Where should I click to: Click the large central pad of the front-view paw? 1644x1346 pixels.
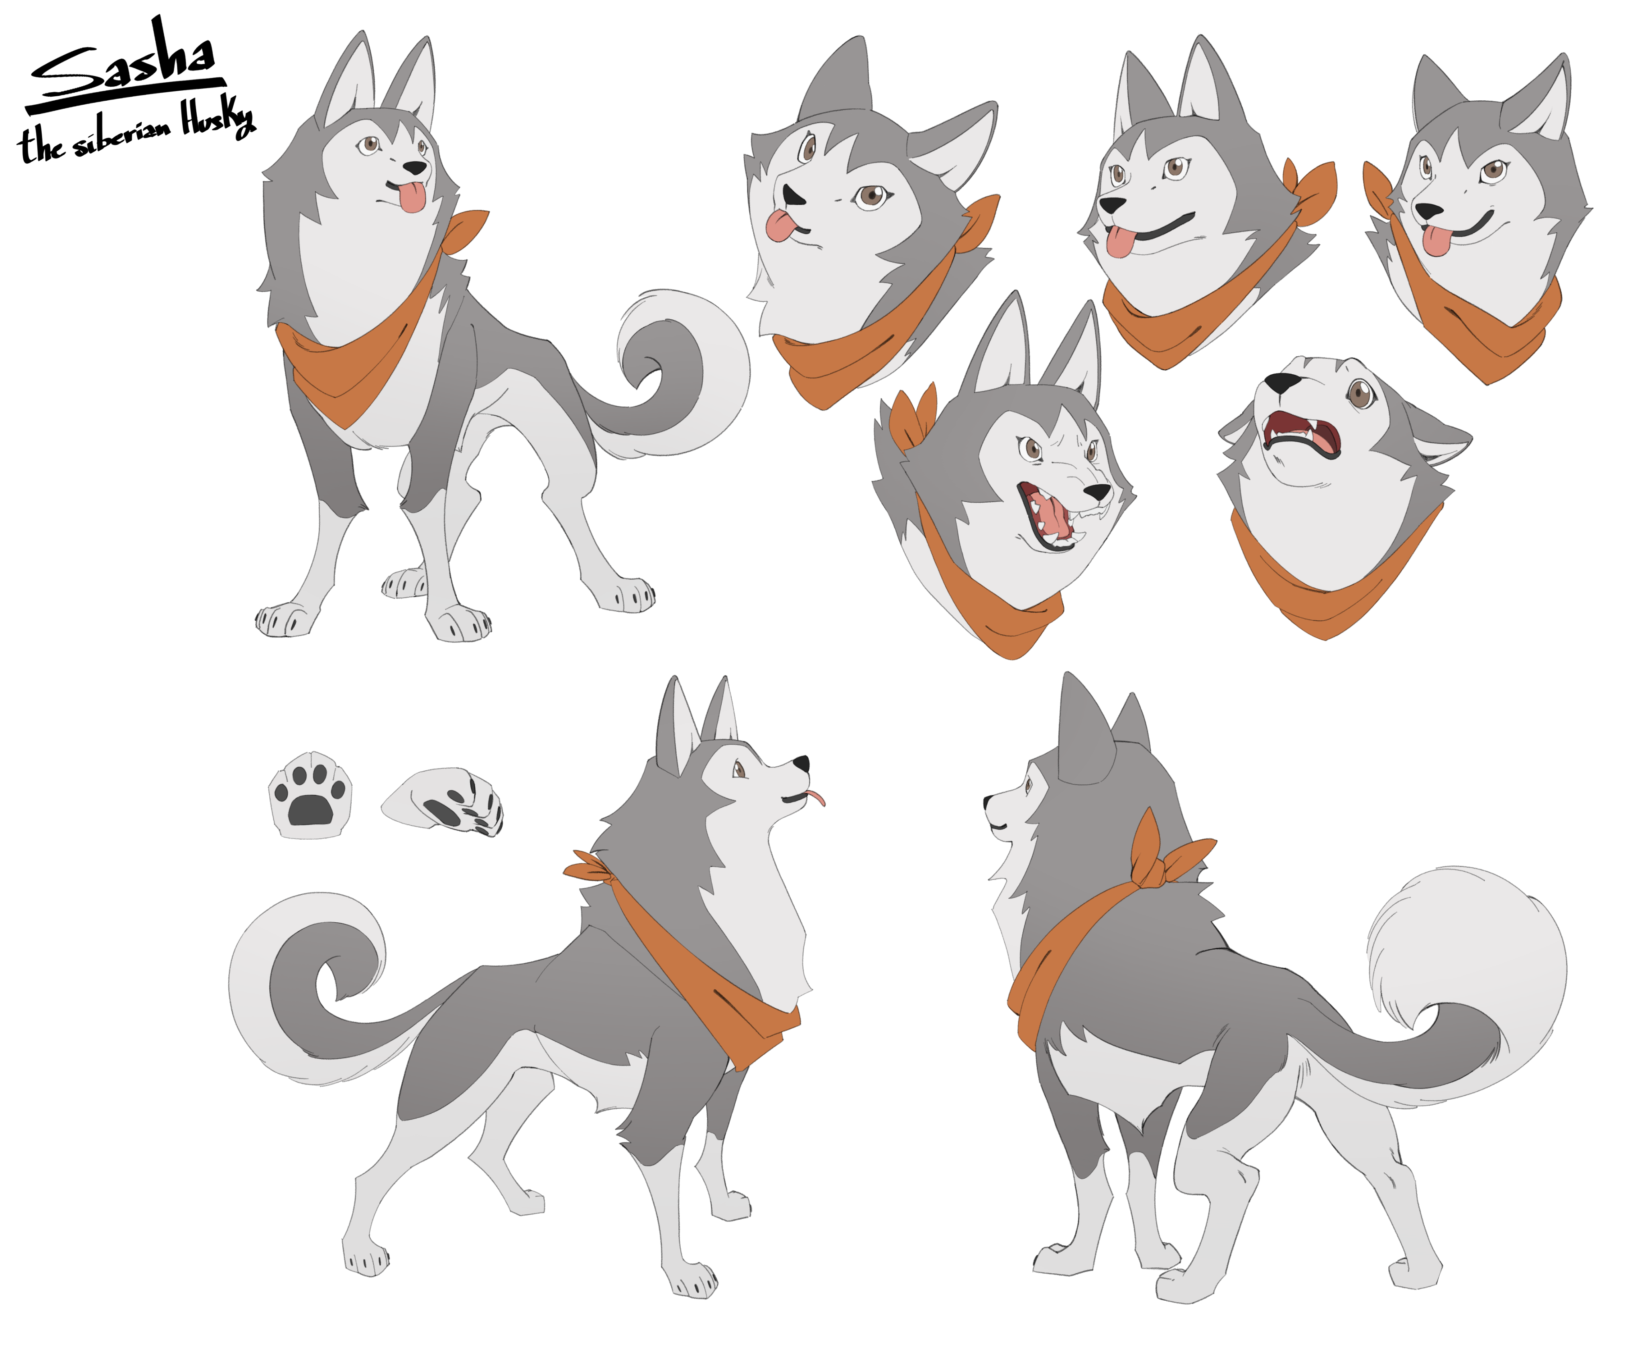309,810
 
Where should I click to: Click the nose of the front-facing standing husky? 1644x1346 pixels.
415,167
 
